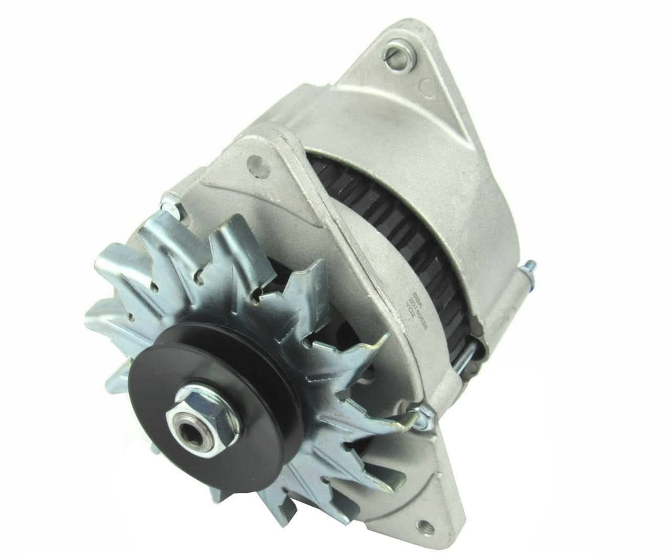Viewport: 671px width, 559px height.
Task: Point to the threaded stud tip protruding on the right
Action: [x=529, y=266]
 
